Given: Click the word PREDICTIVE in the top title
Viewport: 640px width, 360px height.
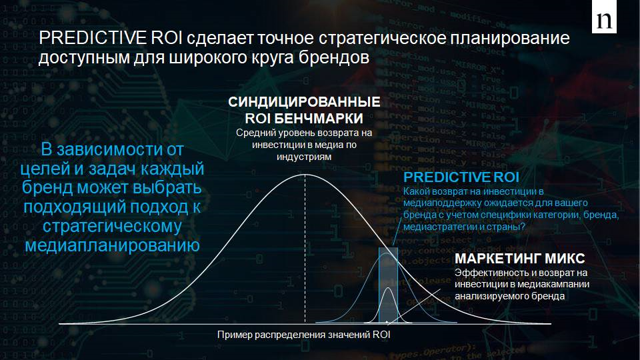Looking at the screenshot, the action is pyautogui.click(x=93, y=38).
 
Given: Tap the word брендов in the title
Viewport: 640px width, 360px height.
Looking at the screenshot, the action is pyautogui.click(x=334, y=57).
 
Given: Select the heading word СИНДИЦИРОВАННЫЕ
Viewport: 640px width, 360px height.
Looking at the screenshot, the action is pyautogui.click(x=304, y=101).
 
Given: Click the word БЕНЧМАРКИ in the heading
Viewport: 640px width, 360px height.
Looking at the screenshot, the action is pyautogui.click(x=319, y=119).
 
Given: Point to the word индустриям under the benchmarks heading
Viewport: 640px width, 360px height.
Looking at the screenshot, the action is pyautogui.click(x=304, y=157).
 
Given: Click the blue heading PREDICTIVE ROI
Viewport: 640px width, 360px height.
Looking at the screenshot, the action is pyautogui.click(x=461, y=177).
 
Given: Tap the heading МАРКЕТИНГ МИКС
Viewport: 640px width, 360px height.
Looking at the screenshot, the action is pyautogui.click(x=520, y=259).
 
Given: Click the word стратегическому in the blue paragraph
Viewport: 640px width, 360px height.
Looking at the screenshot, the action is pyautogui.click(x=112, y=227).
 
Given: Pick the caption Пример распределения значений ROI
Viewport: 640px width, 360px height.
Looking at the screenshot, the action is pyautogui.click(x=304, y=335).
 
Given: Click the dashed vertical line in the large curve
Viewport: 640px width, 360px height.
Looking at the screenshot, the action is pyautogui.click(x=305, y=249).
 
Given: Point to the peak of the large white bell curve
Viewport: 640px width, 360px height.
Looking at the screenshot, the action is pyautogui.click(x=305, y=175).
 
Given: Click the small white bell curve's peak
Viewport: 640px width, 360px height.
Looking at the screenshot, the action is pyautogui.click(x=389, y=288).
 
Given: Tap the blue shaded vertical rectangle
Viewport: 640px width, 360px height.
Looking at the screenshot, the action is pyautogui.click(x=388, y=285).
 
